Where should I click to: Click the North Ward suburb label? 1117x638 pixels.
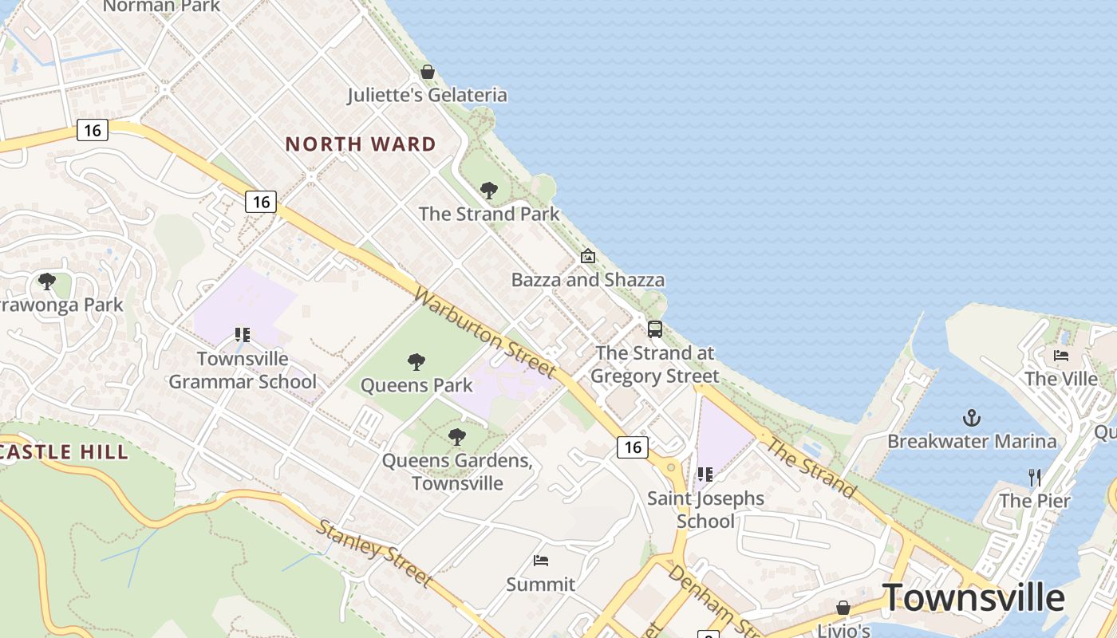pos(361,144)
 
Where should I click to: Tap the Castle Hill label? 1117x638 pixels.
pos(64,452)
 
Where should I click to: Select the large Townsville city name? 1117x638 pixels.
pos(973,597)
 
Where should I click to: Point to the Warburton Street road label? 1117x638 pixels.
pos(484,333)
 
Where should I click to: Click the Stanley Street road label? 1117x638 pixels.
pos(374,553)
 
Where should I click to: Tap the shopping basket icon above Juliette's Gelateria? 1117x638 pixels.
pos(428,72)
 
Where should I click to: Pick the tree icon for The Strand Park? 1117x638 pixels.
pos(489,191)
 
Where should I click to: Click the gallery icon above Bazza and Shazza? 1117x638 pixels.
pos(588,256)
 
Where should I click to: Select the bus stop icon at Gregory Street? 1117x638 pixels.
pos(655,329)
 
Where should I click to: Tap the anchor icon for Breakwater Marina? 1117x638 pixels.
pos(972,418)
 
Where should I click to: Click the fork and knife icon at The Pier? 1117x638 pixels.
pos(1035,478)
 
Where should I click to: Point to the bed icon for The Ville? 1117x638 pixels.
pos(1061,355)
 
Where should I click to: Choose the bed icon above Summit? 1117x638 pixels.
pos(541,561)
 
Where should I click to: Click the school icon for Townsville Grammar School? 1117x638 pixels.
pos(243,335)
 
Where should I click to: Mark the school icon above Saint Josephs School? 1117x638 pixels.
pos(705,475)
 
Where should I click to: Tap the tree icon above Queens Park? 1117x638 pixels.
pos(416,362)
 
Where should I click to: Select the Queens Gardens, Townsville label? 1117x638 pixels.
pos(457,471)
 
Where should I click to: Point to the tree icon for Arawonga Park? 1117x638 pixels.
pos(47,281)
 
